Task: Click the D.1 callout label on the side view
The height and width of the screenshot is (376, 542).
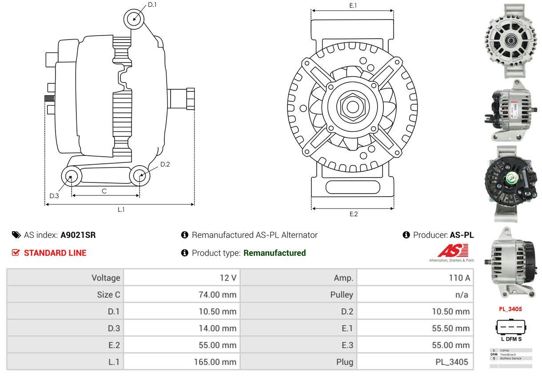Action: coord(152,5)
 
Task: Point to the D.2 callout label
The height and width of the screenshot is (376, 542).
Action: coord(165,164)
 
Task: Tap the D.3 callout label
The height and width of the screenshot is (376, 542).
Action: coord(54,196)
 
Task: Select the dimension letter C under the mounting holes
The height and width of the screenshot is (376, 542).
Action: coord(104,191)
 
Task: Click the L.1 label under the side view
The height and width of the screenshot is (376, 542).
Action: coord(121,210)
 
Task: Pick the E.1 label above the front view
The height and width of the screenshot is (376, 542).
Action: coord(353,5)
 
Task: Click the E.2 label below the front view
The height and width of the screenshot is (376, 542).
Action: coord(353,214)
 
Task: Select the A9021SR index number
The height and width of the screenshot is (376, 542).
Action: coord(78,235)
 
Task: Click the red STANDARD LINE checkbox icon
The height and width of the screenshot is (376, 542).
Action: coord(16,253)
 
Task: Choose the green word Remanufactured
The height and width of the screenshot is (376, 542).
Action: coord(275,253)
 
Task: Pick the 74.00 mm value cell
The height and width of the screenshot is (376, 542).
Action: coord(218,294)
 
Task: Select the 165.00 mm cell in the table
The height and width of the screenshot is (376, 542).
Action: coord(215,362)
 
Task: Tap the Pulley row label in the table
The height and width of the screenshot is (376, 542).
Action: coord(342,294)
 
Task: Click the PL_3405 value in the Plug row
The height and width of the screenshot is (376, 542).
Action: coord(452,362)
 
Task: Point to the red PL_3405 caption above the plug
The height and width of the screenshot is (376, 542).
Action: coord(510,309)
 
